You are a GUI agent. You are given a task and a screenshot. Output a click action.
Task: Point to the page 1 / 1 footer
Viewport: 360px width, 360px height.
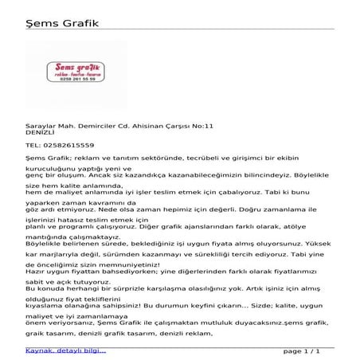click(301, 350)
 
